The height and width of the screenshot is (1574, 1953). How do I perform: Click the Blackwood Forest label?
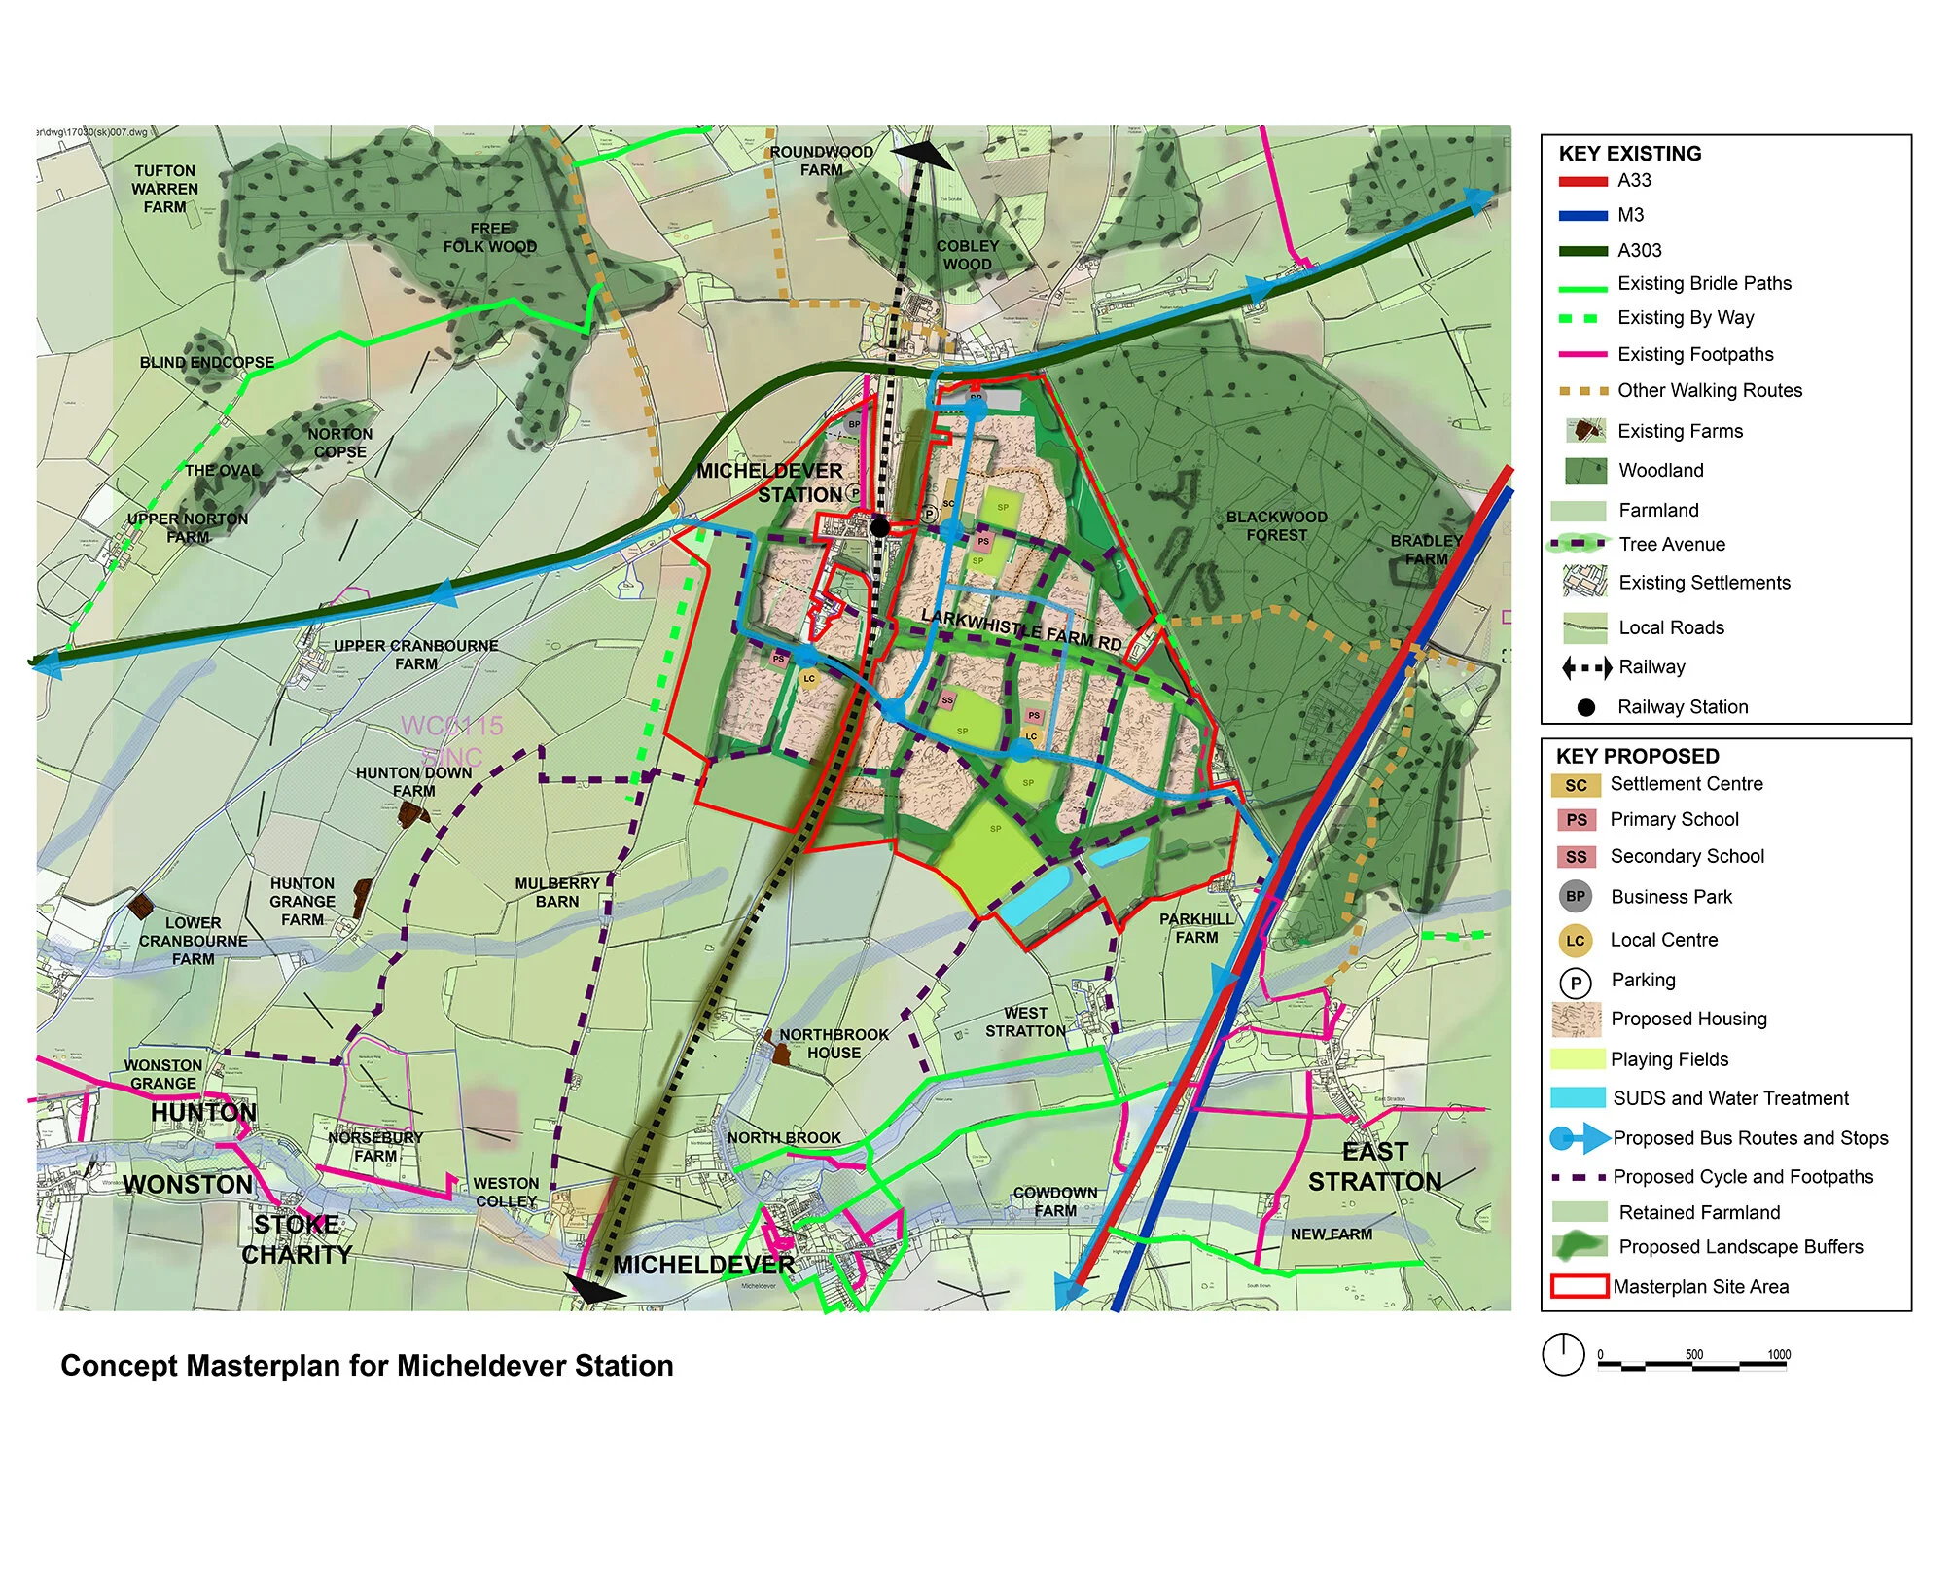coord(1275,526)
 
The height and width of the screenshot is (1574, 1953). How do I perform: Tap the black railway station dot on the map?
coord(879,527)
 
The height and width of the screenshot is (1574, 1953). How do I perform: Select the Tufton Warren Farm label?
coord(164,189)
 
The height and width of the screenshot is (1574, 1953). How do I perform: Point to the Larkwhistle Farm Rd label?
coord(1020,630)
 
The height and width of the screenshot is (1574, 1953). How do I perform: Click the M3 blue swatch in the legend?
coord(1582,216)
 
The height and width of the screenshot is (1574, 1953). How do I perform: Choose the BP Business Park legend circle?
coord(1575,897)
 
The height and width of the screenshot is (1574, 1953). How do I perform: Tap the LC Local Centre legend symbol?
coord(1575,941)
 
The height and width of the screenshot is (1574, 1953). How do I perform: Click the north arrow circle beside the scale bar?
coord(1563,1355)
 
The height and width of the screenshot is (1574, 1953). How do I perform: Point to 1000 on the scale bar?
coord(1778,1354)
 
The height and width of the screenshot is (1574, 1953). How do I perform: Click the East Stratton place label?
coord(1374,1167)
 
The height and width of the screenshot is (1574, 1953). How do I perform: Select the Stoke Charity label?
coord(297,1240)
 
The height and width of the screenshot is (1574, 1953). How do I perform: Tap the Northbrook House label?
coord(834,1044)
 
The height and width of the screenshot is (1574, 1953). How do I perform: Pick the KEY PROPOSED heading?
coord(1637,757)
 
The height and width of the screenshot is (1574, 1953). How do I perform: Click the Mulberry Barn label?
coord(556,893)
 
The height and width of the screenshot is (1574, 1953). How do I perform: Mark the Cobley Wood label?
coord(967,255)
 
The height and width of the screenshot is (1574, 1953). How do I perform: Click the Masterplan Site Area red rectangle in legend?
coord(1578,1287)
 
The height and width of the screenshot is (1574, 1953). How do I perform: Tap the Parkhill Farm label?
coord(1195,928)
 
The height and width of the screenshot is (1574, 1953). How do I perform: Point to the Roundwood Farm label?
coord(821,161)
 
